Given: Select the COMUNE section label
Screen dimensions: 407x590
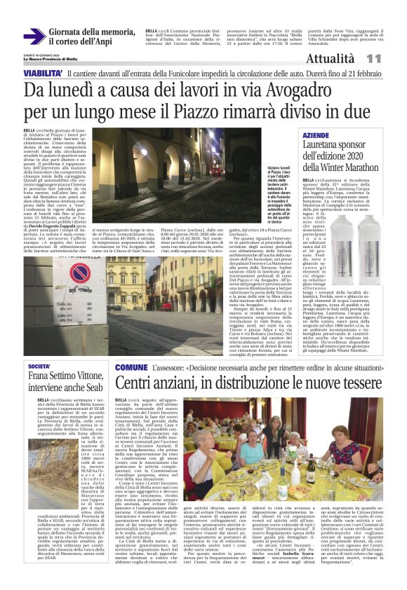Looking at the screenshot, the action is pos(132,367).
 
